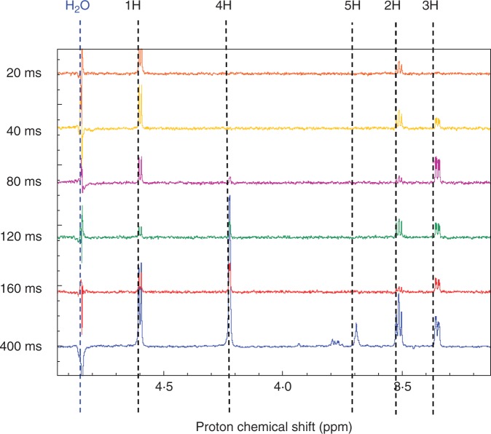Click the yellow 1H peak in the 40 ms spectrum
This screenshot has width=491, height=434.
[140, 107]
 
